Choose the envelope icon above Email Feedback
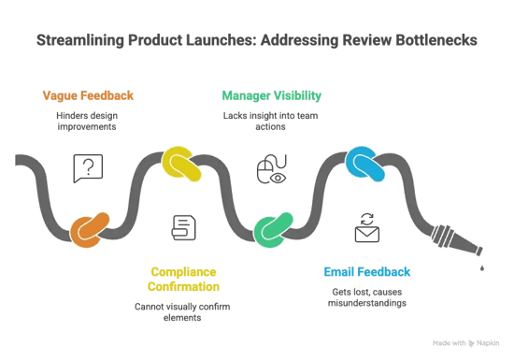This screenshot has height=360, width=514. pyautogui.click(x=365, y=226)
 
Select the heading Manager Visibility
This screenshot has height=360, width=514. pyautogui.click(x=271, y=94)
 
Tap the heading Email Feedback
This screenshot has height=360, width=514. pyautogui.click(x=365, y=272)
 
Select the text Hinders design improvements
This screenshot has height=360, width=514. pyautogui.click(x=88, y=119)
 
